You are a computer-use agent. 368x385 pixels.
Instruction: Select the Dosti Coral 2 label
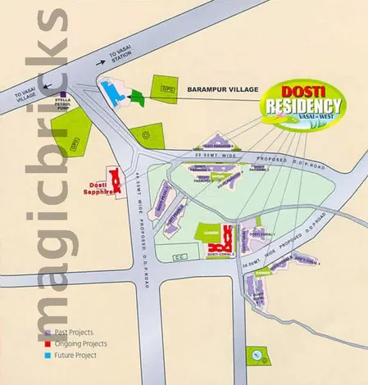tap(221, 256)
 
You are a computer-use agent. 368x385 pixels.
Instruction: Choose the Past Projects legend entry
tap(72, 333)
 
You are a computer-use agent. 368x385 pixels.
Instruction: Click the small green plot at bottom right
tap(258, 354)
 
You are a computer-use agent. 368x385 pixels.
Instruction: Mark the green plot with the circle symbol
tap(144, 134)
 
